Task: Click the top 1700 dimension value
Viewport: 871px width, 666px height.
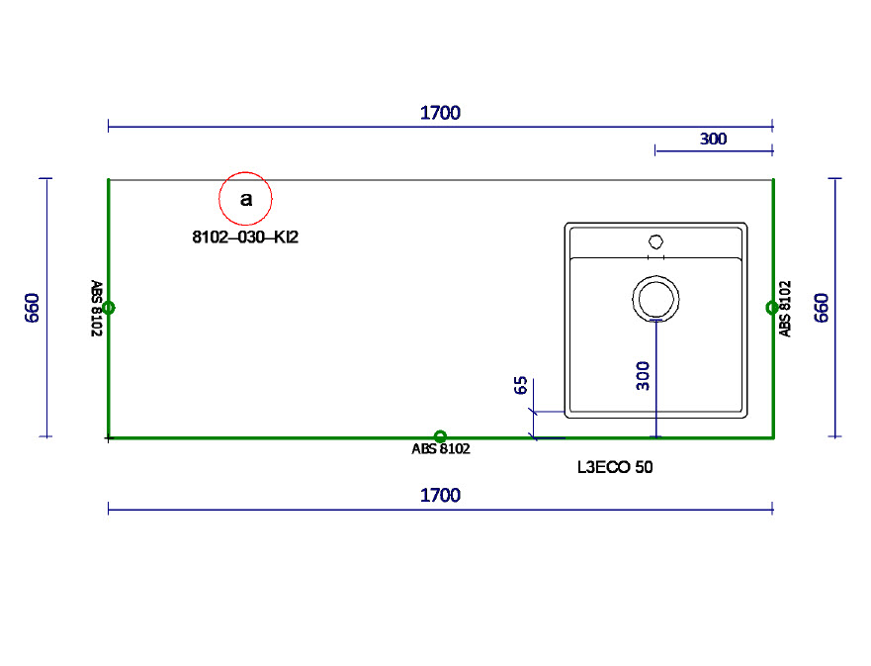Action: (x=440, y=113)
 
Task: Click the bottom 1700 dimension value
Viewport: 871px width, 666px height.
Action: (x=440, y=495)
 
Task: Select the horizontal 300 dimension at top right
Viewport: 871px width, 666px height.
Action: (x=713, y=139)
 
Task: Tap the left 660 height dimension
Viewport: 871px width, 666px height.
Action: (x=32, y=307)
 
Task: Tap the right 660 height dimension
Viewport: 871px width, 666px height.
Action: (x=821, y=307)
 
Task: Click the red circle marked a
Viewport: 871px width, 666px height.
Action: (x=245, y=199)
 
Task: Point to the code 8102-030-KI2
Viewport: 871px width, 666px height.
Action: (x=245, y=238)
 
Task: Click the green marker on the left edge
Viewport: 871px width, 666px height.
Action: (x=108, y=308)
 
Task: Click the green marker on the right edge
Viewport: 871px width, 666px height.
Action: (x=772, y=308)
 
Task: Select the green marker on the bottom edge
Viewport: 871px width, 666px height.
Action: (x=440, y=436)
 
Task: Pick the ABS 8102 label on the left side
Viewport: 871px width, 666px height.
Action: (x=97, y=309)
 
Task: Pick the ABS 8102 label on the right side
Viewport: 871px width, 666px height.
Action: (x=785, y=309)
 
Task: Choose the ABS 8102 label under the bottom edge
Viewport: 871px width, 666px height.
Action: (x=440, y=449)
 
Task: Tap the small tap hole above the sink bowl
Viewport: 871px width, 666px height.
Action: (x=654, y=240)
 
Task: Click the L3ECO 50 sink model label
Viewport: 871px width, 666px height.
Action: (x=614, y=467)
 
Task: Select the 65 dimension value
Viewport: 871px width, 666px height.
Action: (x=521, y=386)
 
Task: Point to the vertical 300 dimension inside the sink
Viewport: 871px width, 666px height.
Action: (x=644, y=376)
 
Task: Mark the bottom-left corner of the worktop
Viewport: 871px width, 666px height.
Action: (x=109, y=436)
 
